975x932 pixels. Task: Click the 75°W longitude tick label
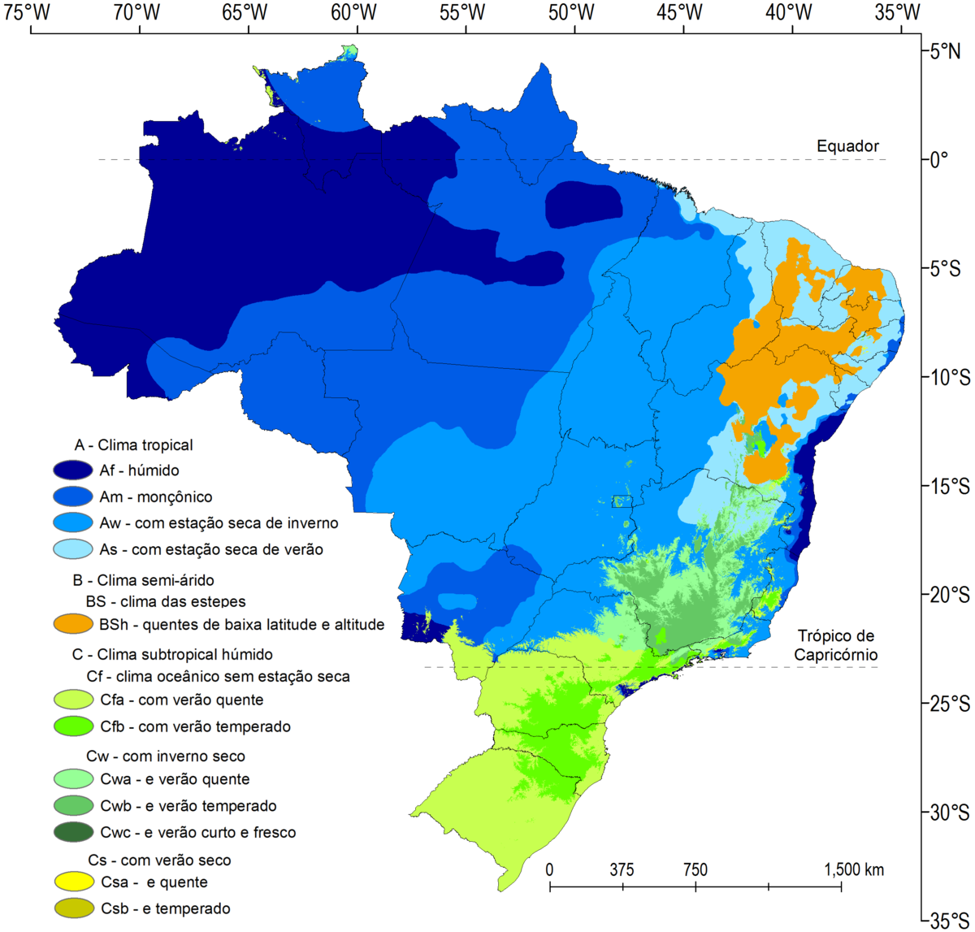tap(31, 12)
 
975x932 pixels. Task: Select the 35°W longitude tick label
tap(899, 12)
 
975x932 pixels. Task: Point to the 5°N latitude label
tap(945, 51)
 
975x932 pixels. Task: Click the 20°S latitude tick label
tap(948, 595)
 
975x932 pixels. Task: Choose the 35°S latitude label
tap(948, 921)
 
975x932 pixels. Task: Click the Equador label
tap(847, 146)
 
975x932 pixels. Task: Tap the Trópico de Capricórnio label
tap(837, 645)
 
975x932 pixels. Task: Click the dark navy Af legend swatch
tap(73, 470)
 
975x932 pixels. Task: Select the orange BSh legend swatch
tap(73, 624)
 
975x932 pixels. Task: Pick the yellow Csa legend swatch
tap(73, 882)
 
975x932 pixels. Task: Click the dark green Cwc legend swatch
tap(73, 832)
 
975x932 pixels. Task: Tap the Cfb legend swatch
tap(73, 726)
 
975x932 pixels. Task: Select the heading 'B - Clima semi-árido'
tap(143, 580)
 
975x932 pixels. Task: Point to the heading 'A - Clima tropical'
tap(133, 445)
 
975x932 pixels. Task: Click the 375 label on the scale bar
tap(622, 870)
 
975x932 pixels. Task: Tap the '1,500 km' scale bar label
tap(854, 870)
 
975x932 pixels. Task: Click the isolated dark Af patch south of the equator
tap(584, 205)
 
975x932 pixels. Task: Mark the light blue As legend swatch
tap(73, 549)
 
